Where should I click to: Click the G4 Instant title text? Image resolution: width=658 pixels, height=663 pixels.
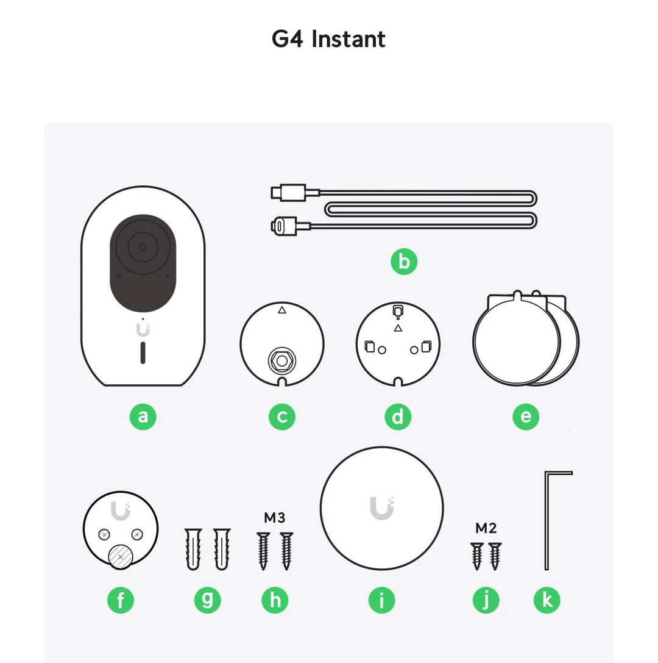(328, 39)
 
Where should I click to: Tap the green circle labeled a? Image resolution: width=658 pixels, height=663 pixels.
(143, 417)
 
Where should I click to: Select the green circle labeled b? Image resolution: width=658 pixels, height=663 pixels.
(404, 262)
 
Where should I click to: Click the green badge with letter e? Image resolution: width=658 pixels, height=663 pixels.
(526, 417)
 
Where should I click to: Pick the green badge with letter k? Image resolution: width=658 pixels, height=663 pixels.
(547, 600)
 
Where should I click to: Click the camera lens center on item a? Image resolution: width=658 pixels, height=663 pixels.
(143, 247)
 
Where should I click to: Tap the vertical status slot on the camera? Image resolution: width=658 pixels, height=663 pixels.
(143, 353)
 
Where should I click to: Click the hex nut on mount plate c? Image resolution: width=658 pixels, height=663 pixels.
(281, 360)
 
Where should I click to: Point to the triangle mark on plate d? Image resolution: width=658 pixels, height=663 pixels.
(398, 329)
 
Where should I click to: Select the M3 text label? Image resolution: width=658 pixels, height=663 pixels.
(274, 518)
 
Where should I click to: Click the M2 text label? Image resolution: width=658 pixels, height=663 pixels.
(486, 528)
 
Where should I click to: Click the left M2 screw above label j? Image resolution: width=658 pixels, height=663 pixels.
(477, 555)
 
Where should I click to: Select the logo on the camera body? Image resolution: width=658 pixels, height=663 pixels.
(143, 330)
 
